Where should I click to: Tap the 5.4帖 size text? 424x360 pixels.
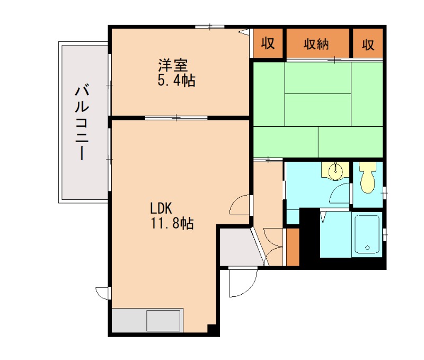pos(176,81)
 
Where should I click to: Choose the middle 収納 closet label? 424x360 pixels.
pos(316,44)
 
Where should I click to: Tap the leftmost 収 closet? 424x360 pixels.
pos(268,43)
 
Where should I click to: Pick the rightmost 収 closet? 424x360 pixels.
pos(368,44)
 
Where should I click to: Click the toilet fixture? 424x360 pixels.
pos(367,178)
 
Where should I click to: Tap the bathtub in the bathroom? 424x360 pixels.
pos(367,234)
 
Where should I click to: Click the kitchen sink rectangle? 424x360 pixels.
pos(163,321)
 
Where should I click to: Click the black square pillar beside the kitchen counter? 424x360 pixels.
pos(213,329)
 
